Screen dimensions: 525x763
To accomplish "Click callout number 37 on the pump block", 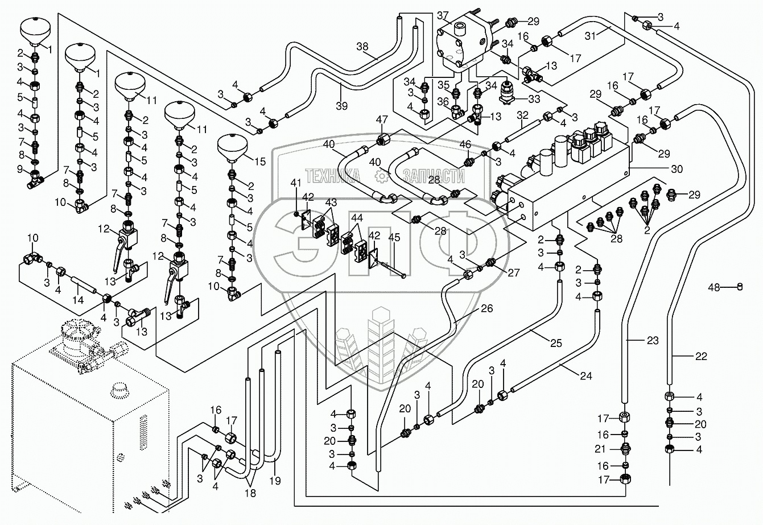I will tap(443, 15).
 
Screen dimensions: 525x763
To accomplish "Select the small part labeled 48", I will tap(740, 286).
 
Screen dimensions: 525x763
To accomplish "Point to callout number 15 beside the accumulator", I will tap(260, 162).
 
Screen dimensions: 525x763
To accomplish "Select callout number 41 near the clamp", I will tap(295, 183).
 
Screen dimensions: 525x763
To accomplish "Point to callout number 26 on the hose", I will tap(486, 309).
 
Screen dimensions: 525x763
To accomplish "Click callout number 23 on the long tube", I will tap(652, 341).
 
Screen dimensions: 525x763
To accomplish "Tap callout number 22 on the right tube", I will tap(701, 357).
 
